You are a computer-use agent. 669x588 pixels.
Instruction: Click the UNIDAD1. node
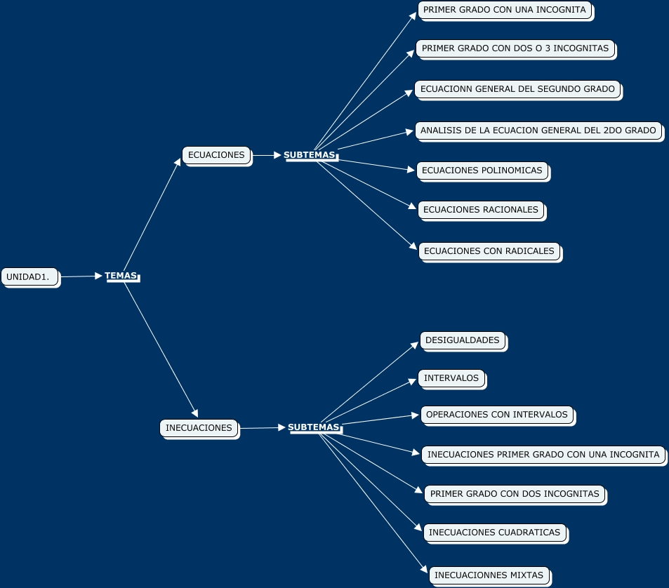coord(30,277)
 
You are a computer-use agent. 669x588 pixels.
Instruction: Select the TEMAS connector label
coord(121,276)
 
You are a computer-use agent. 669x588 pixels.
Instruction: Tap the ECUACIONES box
coord(216,155)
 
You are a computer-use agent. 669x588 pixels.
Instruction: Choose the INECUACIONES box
coord(199,428)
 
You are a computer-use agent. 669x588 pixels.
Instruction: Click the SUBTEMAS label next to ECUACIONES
coord(310,155)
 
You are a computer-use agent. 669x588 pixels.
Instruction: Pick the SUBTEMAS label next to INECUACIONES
coord(314,427)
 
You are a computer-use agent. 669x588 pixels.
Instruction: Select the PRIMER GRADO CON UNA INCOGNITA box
coord(504,11)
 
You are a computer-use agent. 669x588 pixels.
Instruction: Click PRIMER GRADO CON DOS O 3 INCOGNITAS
coord(515,49)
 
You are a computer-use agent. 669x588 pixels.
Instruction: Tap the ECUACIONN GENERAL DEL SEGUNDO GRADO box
coord(517,89)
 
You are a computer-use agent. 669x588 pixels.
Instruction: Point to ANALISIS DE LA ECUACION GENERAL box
coord(538,131)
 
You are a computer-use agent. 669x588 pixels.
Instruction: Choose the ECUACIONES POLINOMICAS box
coord(482,171)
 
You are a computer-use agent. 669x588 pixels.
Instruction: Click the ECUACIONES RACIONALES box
coord(480,210)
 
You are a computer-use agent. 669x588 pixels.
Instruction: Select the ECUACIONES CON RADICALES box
coord(489,250)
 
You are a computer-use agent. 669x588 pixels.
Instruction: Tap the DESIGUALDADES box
coord(462,340)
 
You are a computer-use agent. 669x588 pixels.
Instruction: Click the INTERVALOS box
coord(451,378)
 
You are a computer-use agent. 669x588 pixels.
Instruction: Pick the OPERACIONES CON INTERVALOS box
coord(496,415)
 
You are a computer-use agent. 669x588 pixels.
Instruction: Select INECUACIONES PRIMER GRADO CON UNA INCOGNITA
coord(543,455)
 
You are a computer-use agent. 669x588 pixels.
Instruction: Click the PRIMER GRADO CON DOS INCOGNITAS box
coord(514,494)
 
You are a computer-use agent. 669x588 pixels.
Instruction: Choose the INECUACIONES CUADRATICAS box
coord(494,533)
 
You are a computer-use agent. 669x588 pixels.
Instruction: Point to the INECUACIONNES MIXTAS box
coord(489,575)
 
